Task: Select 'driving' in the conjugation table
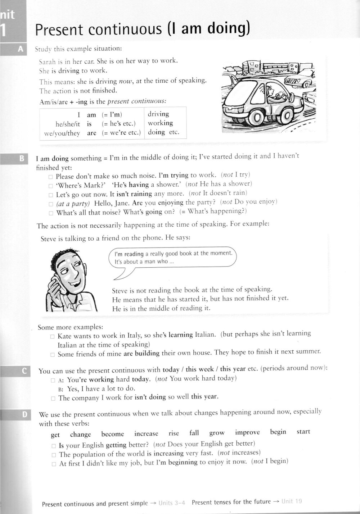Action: pyautogui.click(x=158, y=114)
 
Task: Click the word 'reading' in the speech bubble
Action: pyautogui.click(x=134, y=254)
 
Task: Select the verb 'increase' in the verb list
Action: pyautogui.click(x=146, y=434)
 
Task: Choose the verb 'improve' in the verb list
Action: pyautogui.click(x=247, y=432)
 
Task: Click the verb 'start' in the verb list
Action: pyautogui.click(x=303, y=432)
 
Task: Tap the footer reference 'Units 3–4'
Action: pyautogui.click(x=172, y=503)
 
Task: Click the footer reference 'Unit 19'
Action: pyautogui.click(x=292, y=501)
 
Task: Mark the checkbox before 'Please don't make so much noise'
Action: pyautogui.click(x=51, y=177)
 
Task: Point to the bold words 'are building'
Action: pyautogui.click(x=141, y=353)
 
